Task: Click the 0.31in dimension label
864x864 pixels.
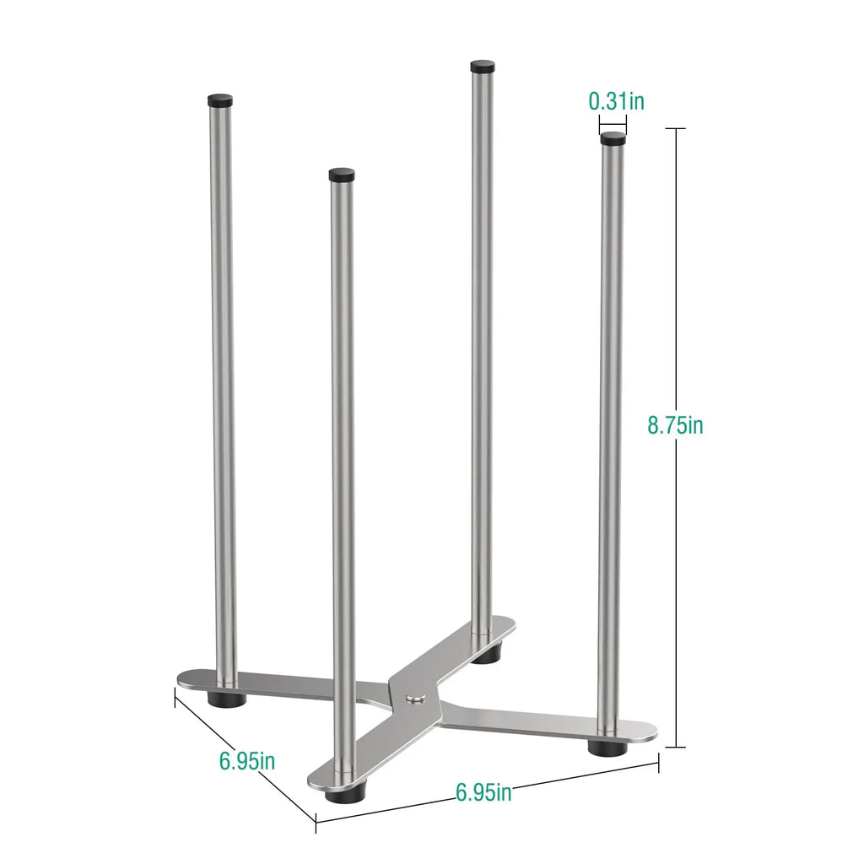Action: [x=616, y=101]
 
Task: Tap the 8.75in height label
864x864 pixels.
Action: [x=675, y=425]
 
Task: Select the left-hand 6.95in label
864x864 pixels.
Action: [x=247, y=761]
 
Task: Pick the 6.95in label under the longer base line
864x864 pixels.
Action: [x=483, y=792]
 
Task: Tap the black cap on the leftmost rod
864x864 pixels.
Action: [x=220, y=100]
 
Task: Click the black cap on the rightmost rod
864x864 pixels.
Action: [x=613, y=138]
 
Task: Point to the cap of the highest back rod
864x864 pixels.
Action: [x=482, y=66]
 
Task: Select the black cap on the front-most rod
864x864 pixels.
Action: [x=342, y=175]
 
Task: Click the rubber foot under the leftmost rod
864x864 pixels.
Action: [x=226, y=699]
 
